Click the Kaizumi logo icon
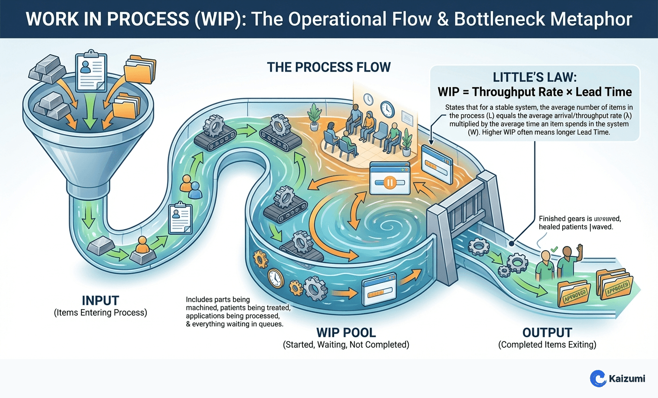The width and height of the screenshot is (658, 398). pyautogui.click(x=598, y=378)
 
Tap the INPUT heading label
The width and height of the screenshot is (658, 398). pyautogui.click(x=100, y=300)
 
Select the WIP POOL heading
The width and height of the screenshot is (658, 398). pyautogui.click(x=346, y=333)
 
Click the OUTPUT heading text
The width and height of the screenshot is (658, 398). pyautogui.click(x=547, y=333)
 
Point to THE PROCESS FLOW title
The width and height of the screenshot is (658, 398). pyautogui.click(x=329, y=67)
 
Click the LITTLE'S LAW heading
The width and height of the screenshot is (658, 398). pyautogui.click(x=535, y=77)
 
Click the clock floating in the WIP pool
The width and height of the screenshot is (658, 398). pyautogui.click(x=276, y=278)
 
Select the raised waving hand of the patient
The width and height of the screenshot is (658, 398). pyautogui.click(x=580, y=248)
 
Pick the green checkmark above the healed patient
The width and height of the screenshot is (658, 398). pyautogui.click(x=554, y=250)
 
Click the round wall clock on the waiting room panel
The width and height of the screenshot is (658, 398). pyautogui.click(x=387, y=109)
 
